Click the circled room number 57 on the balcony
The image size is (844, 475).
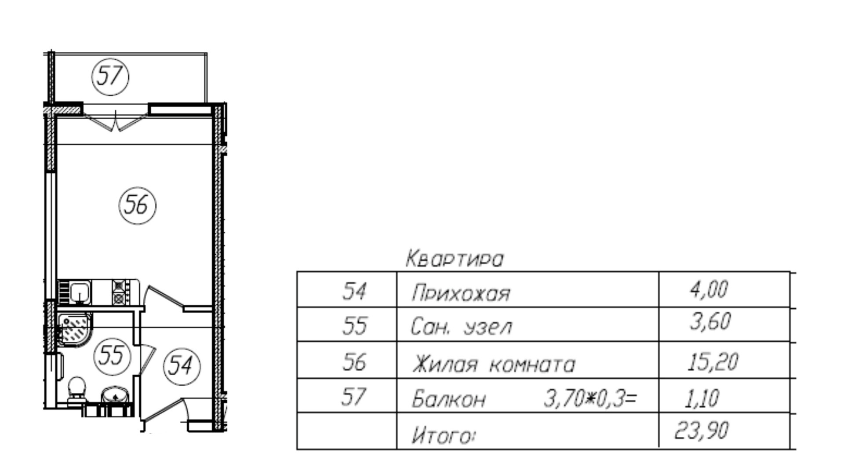point(110,77)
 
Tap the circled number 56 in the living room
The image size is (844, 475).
point(137,205)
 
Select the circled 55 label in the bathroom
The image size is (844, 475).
point(112,355)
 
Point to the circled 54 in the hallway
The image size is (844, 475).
point(181,365)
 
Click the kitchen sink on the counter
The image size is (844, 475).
point(80,292)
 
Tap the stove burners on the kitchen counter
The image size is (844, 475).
point(119,292)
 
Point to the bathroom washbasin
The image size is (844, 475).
point(115,395)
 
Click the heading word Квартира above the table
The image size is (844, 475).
point(454,259)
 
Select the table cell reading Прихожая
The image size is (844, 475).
point(460,293)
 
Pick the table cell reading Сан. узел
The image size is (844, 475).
point(461,327)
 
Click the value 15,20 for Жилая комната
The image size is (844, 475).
point(712,362)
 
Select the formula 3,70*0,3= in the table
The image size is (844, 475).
point(590,398)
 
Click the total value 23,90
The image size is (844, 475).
point(701,431)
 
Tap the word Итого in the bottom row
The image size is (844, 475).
point(443,436)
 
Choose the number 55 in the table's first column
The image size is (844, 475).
point(354,326)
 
